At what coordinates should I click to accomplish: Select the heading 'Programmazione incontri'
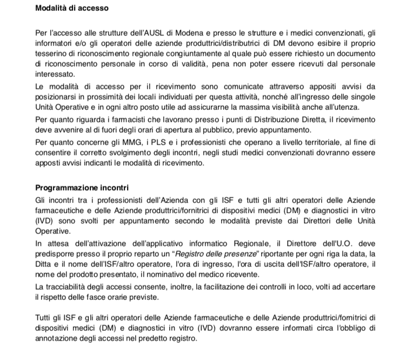tap(82, 188)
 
